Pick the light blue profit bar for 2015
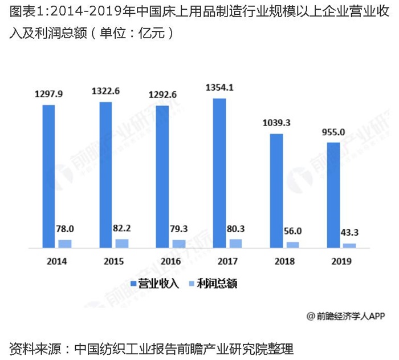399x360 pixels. click(122, 243)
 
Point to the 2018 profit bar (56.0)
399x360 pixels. click(292, 245)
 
